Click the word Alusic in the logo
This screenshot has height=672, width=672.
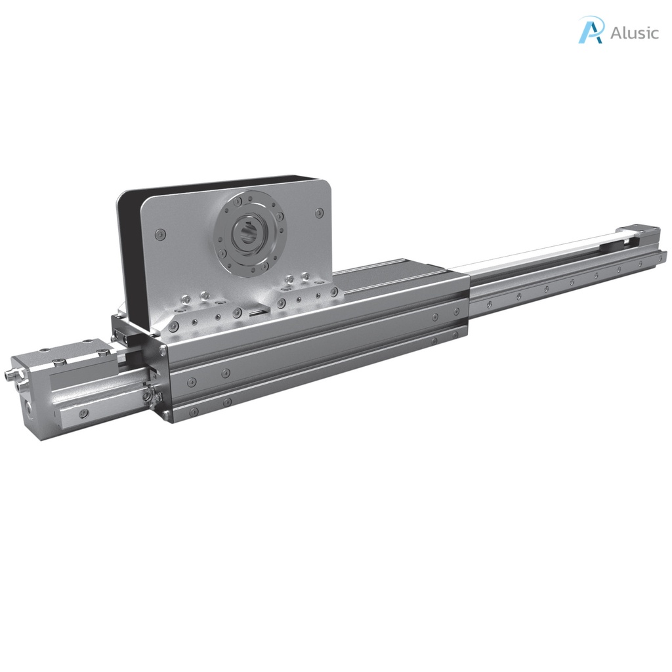(x=633, y=33)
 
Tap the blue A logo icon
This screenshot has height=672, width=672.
(x=590, y=30)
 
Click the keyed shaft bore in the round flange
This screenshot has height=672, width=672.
(x=248, y=233)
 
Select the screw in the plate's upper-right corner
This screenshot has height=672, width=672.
(x=319, y=213)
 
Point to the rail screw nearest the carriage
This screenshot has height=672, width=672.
(x=489, y=303)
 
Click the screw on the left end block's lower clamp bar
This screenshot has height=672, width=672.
(x=84, y=413)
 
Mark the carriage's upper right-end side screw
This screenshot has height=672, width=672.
(x=436, y=317)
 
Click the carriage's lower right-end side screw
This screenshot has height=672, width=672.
(x=434, y=341)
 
